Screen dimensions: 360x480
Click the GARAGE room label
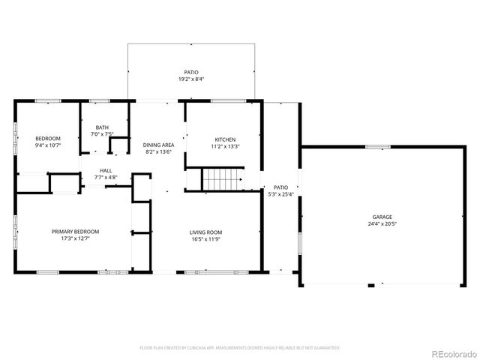pyautogui.click(x=382, y=217)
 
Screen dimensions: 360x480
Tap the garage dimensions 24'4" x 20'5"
pyautogui.click(x=382, y=223)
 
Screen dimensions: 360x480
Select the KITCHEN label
pyautogui.click(x=226, y=139)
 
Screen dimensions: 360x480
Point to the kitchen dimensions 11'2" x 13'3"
pyautogui.click(x=226, y=146)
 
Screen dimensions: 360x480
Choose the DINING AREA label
pyautogui.click(x=159, y=145)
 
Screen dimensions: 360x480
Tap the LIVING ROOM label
pyautogui.click(x=205, y=232)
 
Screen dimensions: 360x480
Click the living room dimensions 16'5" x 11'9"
pyautogui.click(x=205, y=239)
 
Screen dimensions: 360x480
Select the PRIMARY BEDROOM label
pyautogui.click(x=75, y=232)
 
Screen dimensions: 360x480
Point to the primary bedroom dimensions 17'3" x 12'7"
pyautogui.click(x=75, y=239)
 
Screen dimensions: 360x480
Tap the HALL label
pyautogui.click(x=106, y=170)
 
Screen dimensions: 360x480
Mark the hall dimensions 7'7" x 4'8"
pyautogui.click(x=106, y=177)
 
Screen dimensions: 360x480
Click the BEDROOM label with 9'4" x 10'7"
pyautogui.click(x=48, y=139)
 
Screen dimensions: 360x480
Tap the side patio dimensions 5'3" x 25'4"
pyautogui.click(x=280, y=194)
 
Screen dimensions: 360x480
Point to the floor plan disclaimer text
pyautogui.click(x=240, y=348)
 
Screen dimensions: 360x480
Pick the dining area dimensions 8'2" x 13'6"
pyautogui.click(x=159, y=151)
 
